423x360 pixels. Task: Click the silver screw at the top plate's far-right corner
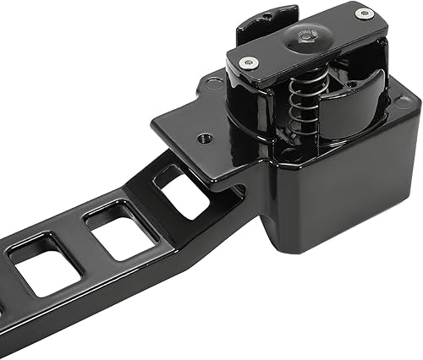364,13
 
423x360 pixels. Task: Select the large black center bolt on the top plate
305,35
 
